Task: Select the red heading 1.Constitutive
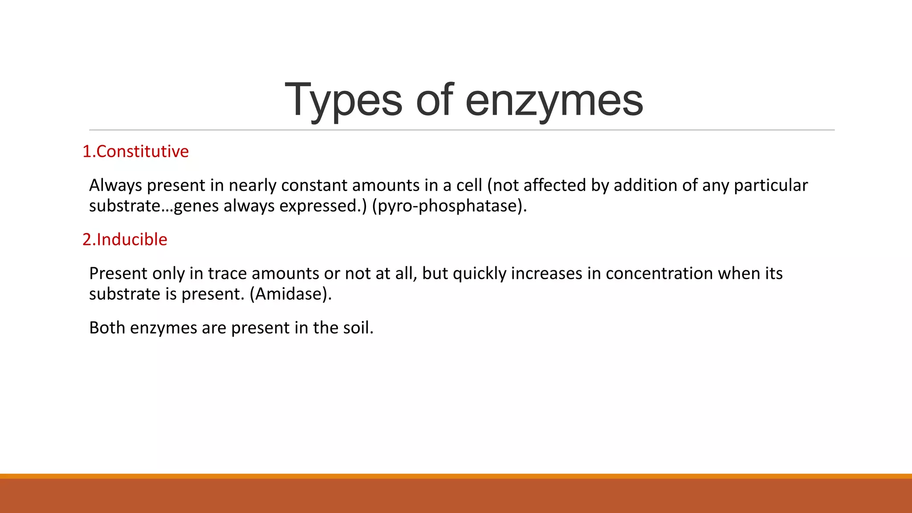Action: click(x=135, y=151)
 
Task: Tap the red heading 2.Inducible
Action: click(x=125, y=240)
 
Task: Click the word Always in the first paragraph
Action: click(x=115, y=185)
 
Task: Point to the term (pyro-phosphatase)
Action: click(x=449, y=206)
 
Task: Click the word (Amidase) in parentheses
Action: click(x=290, y=294)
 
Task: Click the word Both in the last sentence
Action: click(x=107, y=328)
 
